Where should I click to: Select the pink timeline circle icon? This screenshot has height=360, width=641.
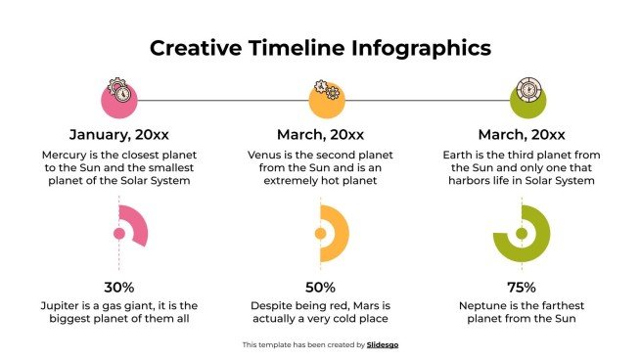point(119,98)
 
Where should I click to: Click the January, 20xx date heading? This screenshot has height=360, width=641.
point(119,135)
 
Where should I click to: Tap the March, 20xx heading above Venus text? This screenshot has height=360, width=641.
point(320,135)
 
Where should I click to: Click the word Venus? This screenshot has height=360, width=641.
point(266,156)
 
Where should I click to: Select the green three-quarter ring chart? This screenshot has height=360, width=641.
point(523,234)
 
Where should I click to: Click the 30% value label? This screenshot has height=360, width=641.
point(119,287)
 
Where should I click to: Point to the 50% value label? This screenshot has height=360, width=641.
point(320,287)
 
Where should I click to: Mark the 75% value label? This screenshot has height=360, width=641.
point(522,287)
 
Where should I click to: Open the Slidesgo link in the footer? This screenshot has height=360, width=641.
point(383,344)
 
